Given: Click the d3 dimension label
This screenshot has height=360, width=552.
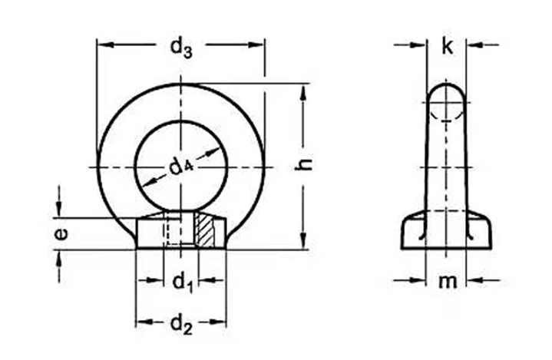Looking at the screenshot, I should click(x=180, y=48).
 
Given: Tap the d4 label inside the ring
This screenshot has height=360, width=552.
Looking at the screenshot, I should click(x=180, y=166).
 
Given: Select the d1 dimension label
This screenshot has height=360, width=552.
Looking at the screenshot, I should click(x=181, y=282).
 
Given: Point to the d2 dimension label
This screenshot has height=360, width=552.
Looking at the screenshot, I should click(x=181, y=325).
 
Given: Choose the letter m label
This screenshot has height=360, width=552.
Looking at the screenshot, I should click(x=447, y=282).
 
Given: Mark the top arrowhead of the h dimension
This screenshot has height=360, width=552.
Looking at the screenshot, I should click(x=304, y=91).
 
